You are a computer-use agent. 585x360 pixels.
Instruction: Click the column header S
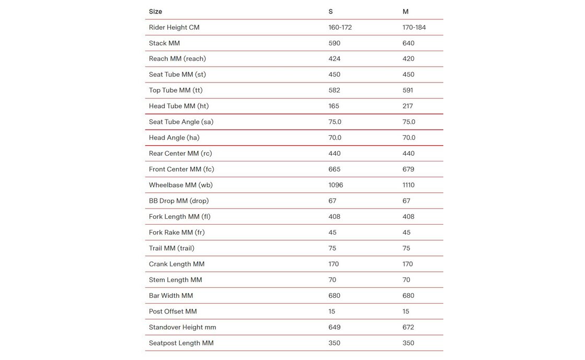(330, 11)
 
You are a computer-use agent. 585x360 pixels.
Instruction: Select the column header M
(406, 11)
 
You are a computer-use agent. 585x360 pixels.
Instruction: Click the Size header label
(155, 11)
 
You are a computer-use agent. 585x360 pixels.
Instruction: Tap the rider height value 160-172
(340, 27)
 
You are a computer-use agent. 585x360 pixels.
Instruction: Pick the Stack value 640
(409, 43)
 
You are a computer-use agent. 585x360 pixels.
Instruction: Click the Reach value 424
(335, 59)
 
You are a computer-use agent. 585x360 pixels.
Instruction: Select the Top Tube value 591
(408, 90)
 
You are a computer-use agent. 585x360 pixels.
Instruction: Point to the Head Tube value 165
(334, 106)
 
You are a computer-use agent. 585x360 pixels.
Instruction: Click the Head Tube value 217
(408, 106)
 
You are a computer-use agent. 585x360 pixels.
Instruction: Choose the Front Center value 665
(335, 169)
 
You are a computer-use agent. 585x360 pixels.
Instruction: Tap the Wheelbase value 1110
(410, 185)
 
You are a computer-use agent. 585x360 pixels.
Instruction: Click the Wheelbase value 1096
(336, 185)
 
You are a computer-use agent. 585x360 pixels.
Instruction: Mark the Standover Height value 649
(335, 327)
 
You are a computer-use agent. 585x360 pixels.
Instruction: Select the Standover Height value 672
(409, 327)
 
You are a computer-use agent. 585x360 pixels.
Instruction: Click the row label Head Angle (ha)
(174, 137)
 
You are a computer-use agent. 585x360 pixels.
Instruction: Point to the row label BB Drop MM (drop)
(179, 201)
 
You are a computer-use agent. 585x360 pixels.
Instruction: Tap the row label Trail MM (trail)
(171, 248)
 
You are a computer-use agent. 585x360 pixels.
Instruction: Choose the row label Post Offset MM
(173, 311)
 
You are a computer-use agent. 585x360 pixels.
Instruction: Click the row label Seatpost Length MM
(181, 343)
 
